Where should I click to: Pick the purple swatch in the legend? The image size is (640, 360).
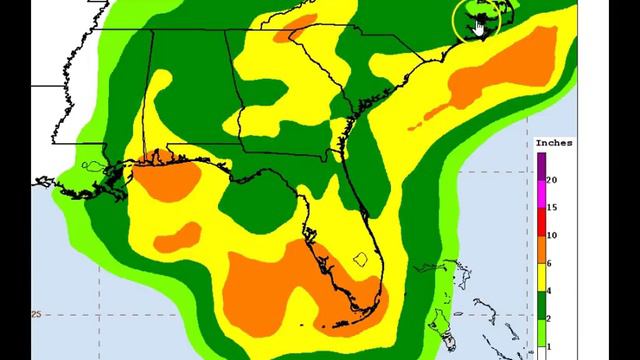(x=541, y=166)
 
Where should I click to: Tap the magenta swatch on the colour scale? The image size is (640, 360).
(x=541, y=194)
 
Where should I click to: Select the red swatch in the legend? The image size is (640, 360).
(x=541, y=221)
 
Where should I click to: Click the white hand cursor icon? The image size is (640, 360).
(x=480, y=25)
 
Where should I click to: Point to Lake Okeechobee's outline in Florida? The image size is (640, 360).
(x=362, y=259)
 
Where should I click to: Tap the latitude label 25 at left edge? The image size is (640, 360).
(x=37, y=314)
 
